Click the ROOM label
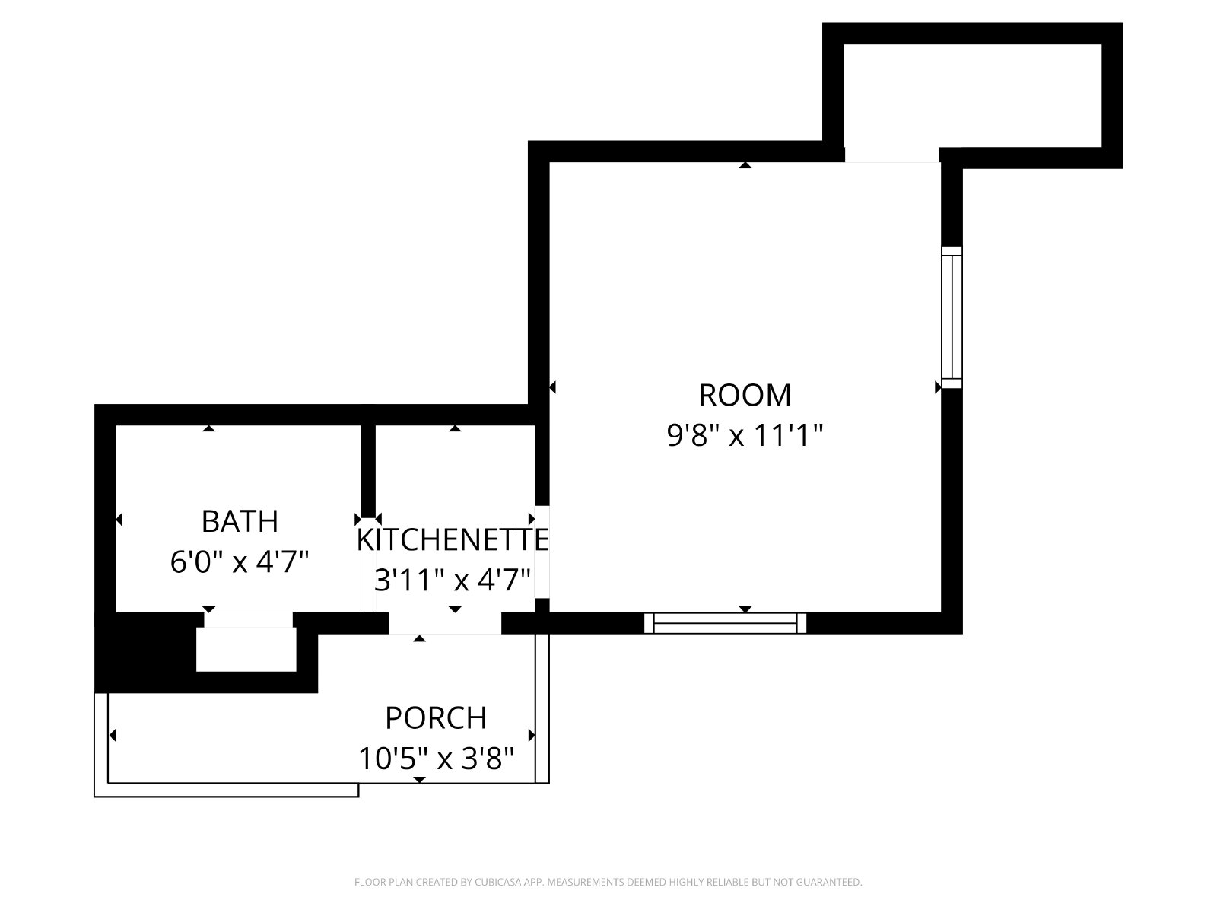(x=745, y=395)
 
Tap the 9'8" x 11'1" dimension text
(x=745, y=435)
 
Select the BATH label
(x=240, y=522)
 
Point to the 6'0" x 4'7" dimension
(x=239, y=562)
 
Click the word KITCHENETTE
(x=453, y=539)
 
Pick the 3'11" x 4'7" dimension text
(x=453, y=581)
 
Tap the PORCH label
(x=436, y=718)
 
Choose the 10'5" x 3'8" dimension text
(x=436, y=759)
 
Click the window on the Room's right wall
(x=952, y=317)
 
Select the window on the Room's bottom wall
(x=725, y=623)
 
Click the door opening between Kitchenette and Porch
(x=445, y=623)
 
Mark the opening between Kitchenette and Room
(x=542, y=552)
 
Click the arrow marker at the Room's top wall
(x=745, y=164)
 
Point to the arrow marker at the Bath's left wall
(x=119, y=520)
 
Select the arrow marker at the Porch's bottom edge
(x=420, y=780)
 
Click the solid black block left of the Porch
(x=145, y=653)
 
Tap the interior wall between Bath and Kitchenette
(x=368, y=471)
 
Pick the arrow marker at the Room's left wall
(x=552, y=387)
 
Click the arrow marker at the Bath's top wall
(x=208, y=428)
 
